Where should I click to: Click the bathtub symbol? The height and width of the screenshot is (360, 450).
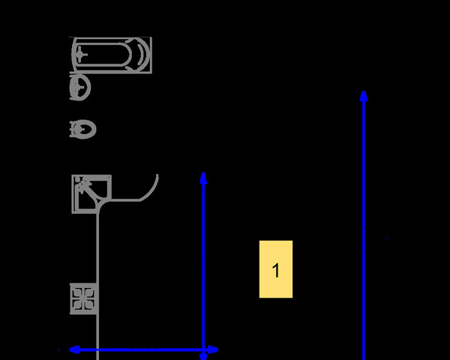pyautogui.click(x=111, y=55)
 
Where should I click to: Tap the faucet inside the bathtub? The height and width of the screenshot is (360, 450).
pyautogui.click(x=80, y=54)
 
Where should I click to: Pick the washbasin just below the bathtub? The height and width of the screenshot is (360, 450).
pyautogui.click(x=80, y=87)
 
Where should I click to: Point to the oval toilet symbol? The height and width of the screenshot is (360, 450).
pyautogui.click(x=83, y=129)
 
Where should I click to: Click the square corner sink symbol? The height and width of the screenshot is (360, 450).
pyautogui.click(x=91, y=194)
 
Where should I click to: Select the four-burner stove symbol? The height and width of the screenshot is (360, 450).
pyautogui.click(x=83, y=298)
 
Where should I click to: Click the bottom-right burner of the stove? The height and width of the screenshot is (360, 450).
pyautogui.click(x=89, y=305)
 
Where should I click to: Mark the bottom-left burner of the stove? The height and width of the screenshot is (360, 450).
pyautogui.click(x=78, y=305)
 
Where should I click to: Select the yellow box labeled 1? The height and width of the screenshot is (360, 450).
pyautogui.click(x=276, y=269)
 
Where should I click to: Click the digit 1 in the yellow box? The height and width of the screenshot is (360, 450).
pyautogui.click(x=276, y=271)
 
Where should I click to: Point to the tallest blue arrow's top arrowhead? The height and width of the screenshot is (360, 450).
pyautogui.click(x=364, y=96)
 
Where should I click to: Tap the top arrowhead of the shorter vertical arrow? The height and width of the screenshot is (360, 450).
pyautogui.click(x=203, y=178)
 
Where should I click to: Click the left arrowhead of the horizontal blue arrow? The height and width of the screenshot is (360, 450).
pyautogui.click(x=74, y=349)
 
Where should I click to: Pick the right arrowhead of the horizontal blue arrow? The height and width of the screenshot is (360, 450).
pyautogui.click(x=213, y=349)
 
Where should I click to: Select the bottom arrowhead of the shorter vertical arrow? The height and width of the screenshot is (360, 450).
pyautogui.click(x=203, y=356)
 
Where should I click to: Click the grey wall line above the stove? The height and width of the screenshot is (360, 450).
pyautogui.click(x=97, y=248)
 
